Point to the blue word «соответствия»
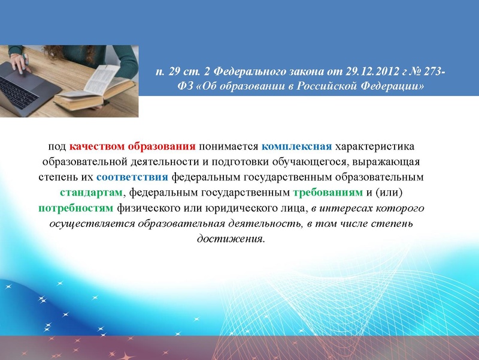click(x=132, y=178)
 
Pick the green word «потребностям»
click(x=75, y=209)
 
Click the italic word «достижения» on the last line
click(x=231, y=239)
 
